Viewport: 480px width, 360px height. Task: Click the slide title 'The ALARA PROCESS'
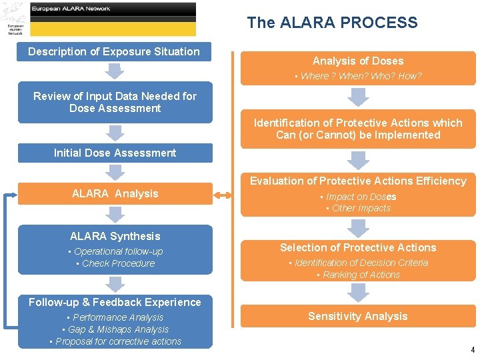(x=332, y=23)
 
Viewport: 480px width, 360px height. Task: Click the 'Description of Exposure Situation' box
(x=114, y=52)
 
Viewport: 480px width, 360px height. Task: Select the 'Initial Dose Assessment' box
(x=115, y=153)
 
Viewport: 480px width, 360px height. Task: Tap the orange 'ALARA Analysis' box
(x=115, y=194)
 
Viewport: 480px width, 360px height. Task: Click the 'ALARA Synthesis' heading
(x=115, y=237)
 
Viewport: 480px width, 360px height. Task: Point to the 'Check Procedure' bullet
(x=115, y=264)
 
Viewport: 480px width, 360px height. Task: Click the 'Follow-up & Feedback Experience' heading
(x=115, y=303)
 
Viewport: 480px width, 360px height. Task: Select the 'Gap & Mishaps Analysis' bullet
(x=115, y=330)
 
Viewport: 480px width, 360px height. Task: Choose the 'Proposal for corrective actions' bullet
(x=115, y=342)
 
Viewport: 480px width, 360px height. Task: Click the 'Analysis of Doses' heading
(x=358, y=61)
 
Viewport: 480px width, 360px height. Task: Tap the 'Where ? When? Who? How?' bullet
(x=358, y=77)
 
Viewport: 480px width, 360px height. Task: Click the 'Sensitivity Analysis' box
(x=358, y=317)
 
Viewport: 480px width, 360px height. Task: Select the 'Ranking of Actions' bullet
(x=358, y=275)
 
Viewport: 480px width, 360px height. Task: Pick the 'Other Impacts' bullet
(x=358, y=209)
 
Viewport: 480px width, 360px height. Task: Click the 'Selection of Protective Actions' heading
(x=358, y=248)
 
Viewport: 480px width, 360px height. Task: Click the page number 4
(x=473, y=350)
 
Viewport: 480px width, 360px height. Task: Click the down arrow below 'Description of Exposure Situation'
(x=115, y=71)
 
